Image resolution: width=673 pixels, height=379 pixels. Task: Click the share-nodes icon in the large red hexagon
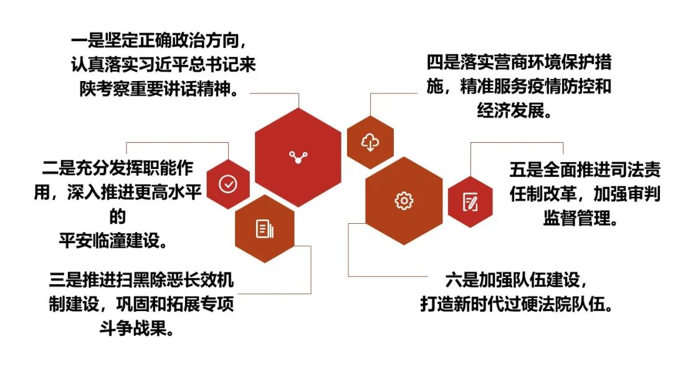tap(298, 157)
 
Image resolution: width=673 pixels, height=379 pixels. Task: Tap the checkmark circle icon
tap(227, 184)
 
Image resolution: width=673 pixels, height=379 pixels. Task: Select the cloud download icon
tap(370, 142)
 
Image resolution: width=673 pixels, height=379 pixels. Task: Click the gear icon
tap(403, 201)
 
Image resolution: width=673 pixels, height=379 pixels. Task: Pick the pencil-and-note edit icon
tap(470, 202)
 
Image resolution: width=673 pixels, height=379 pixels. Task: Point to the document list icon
tap(264, 229)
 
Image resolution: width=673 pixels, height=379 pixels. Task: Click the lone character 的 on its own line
tap(117, 217)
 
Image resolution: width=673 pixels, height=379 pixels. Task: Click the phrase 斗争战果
tap(133, 329)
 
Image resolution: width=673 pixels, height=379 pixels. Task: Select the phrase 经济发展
tap(510, 111)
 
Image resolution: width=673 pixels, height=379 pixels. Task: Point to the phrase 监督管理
tap(576, 218)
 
